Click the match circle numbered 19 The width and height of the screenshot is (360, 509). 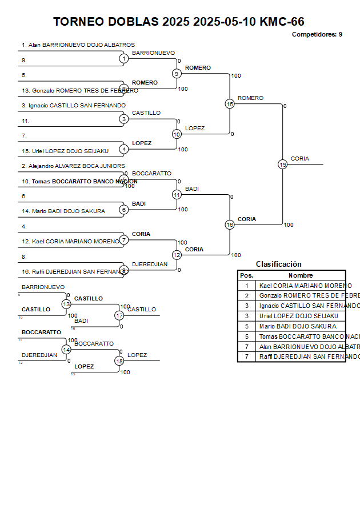point(283,165)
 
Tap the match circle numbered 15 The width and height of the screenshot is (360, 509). point(230,104)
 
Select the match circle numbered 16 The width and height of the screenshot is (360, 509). point(230,225)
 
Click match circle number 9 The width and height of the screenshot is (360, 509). point(177,74)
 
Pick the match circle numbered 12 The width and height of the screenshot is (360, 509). point(177,255)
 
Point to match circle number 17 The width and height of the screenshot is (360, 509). point(119,315)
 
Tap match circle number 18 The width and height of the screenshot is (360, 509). point(119,361)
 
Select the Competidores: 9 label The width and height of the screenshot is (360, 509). point(317,34)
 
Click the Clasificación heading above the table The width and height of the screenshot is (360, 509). point(278,264)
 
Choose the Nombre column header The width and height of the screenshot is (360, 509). point(301,275)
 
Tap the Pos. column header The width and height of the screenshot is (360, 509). point(247,275)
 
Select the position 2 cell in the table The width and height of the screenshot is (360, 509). point(247,296)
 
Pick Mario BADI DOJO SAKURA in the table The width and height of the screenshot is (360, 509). point(298,326)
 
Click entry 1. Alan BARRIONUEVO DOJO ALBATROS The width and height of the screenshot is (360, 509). point(78,45)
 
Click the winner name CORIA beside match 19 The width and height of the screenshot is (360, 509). point(300,159)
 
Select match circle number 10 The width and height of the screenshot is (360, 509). point(177,134)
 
